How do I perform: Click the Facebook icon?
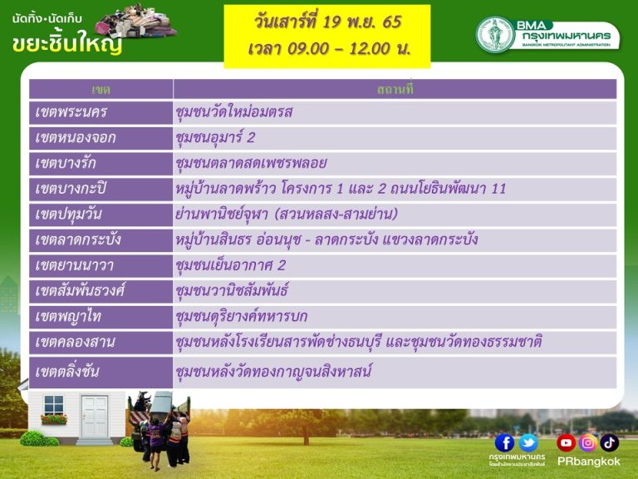pos(504,443)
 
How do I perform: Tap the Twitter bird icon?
pos(528,443)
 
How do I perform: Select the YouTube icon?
pos(566,443)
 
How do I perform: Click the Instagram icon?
pos(587,443)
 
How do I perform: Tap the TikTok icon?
pos(609,443)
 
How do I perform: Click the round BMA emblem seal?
pos(495,35)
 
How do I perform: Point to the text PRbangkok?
pos(588,462)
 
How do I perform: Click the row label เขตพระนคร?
pos(71,112)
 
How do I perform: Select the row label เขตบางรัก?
pos(66,163)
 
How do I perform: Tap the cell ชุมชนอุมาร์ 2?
pos(215,138)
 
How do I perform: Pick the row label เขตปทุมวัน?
pos(68,215)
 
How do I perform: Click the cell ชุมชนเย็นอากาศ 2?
pos(230,265)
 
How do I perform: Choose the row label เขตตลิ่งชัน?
pos(67,372)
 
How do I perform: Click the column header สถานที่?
pos(395,89)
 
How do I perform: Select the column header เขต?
pos(101,90)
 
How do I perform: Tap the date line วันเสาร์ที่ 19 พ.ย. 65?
pos(328,22)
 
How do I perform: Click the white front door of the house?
pos(95,417)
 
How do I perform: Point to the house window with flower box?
pos(54,409)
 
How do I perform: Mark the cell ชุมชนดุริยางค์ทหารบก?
pos(242,317)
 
